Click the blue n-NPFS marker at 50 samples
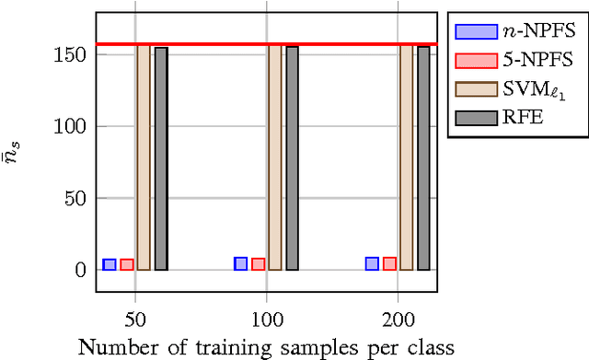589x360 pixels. tap(109, 264)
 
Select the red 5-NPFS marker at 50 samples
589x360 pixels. tap(127, 264)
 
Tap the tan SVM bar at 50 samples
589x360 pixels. tap(143, 157)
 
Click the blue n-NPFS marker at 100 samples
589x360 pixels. tap(240, 263)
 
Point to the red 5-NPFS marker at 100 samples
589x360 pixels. tap(259, 264)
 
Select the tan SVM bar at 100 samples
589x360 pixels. tap(274, 157)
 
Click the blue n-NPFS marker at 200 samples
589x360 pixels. tap(372, 263)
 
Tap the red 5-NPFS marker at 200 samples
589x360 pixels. tap(390, 263)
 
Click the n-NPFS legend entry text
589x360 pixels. tap(533, 30)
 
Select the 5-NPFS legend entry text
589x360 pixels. tap(533, 60)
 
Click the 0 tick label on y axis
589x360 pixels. tap(81, 270)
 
